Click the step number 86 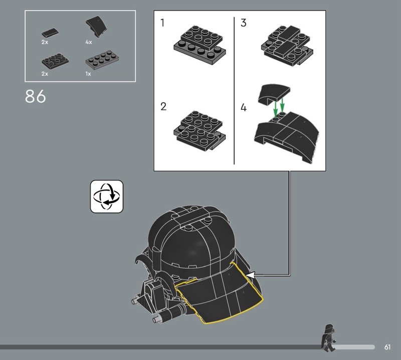tap(35, 96)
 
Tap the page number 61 tap(387, 347)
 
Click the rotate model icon tap(107, 197)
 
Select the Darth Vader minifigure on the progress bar tap(328, 338)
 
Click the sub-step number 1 tap(162, 23)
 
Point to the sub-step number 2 tap(163, 106)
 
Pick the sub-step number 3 tap(244, 23)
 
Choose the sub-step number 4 tap(244, 107)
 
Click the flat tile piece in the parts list tap(50, 33)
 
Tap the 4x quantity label tap(89, 42)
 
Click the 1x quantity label tap(88, 74)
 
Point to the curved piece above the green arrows tap(274, 94)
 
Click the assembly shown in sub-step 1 tap(199, 45)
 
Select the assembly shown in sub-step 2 tap(199, 131)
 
